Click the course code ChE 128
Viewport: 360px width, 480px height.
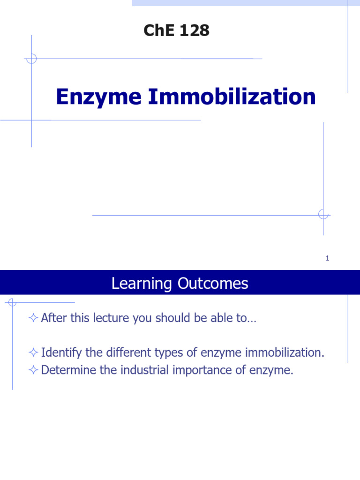pyautogui.click(x=176, y=31)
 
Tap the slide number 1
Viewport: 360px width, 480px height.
pyautogui.click(x=327, y=258)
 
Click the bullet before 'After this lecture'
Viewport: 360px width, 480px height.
pyautogui.click(x=33, y=318)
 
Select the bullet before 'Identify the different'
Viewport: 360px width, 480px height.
pyautogui.click(x=33, y=352)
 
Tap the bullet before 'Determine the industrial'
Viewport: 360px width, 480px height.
pyautogui.click(x=33, y=370)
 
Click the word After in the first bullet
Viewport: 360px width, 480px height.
pyautogui.click(x=52, y=318)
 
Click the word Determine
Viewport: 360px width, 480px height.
pyautogui.click(x=64, y=370)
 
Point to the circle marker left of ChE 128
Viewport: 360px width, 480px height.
pyautogui.click(x=31, y=59)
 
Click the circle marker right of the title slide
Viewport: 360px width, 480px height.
pyautogui.click(x=323, y=215)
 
